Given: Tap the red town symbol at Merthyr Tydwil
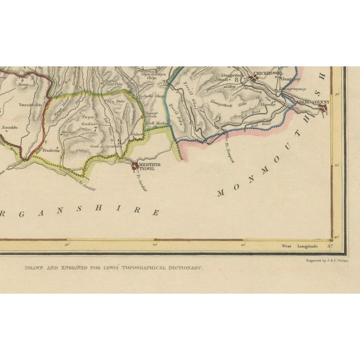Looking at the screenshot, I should coord(135,165).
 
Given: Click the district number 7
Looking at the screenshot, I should coord(96,128).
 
